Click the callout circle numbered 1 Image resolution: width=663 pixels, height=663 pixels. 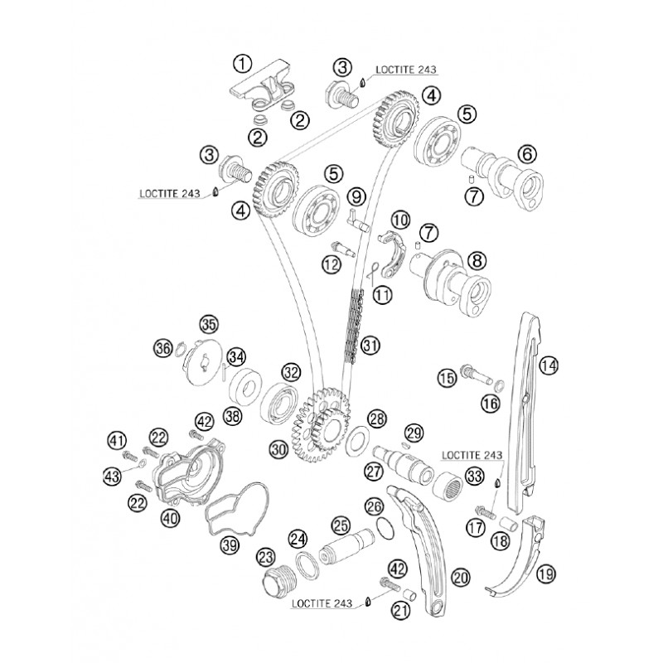click(242, 65)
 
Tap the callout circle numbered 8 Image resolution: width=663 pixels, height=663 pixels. click(477, 261)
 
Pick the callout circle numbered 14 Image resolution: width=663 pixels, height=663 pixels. click(549, 365)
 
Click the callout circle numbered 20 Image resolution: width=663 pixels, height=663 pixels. click(461, 576)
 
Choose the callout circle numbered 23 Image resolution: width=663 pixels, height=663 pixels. click(266, 558)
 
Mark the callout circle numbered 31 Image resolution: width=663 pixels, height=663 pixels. click(370, 346)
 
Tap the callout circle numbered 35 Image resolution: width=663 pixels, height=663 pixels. click(210, 325)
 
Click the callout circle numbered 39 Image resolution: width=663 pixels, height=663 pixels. click(230, 546)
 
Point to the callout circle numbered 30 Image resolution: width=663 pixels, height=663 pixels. click(279, 449)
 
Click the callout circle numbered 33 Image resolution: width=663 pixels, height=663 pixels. click(474, 476)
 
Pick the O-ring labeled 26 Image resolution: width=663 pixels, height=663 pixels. click(385, 528)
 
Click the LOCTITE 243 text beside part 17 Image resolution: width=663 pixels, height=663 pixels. click(472, 455)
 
